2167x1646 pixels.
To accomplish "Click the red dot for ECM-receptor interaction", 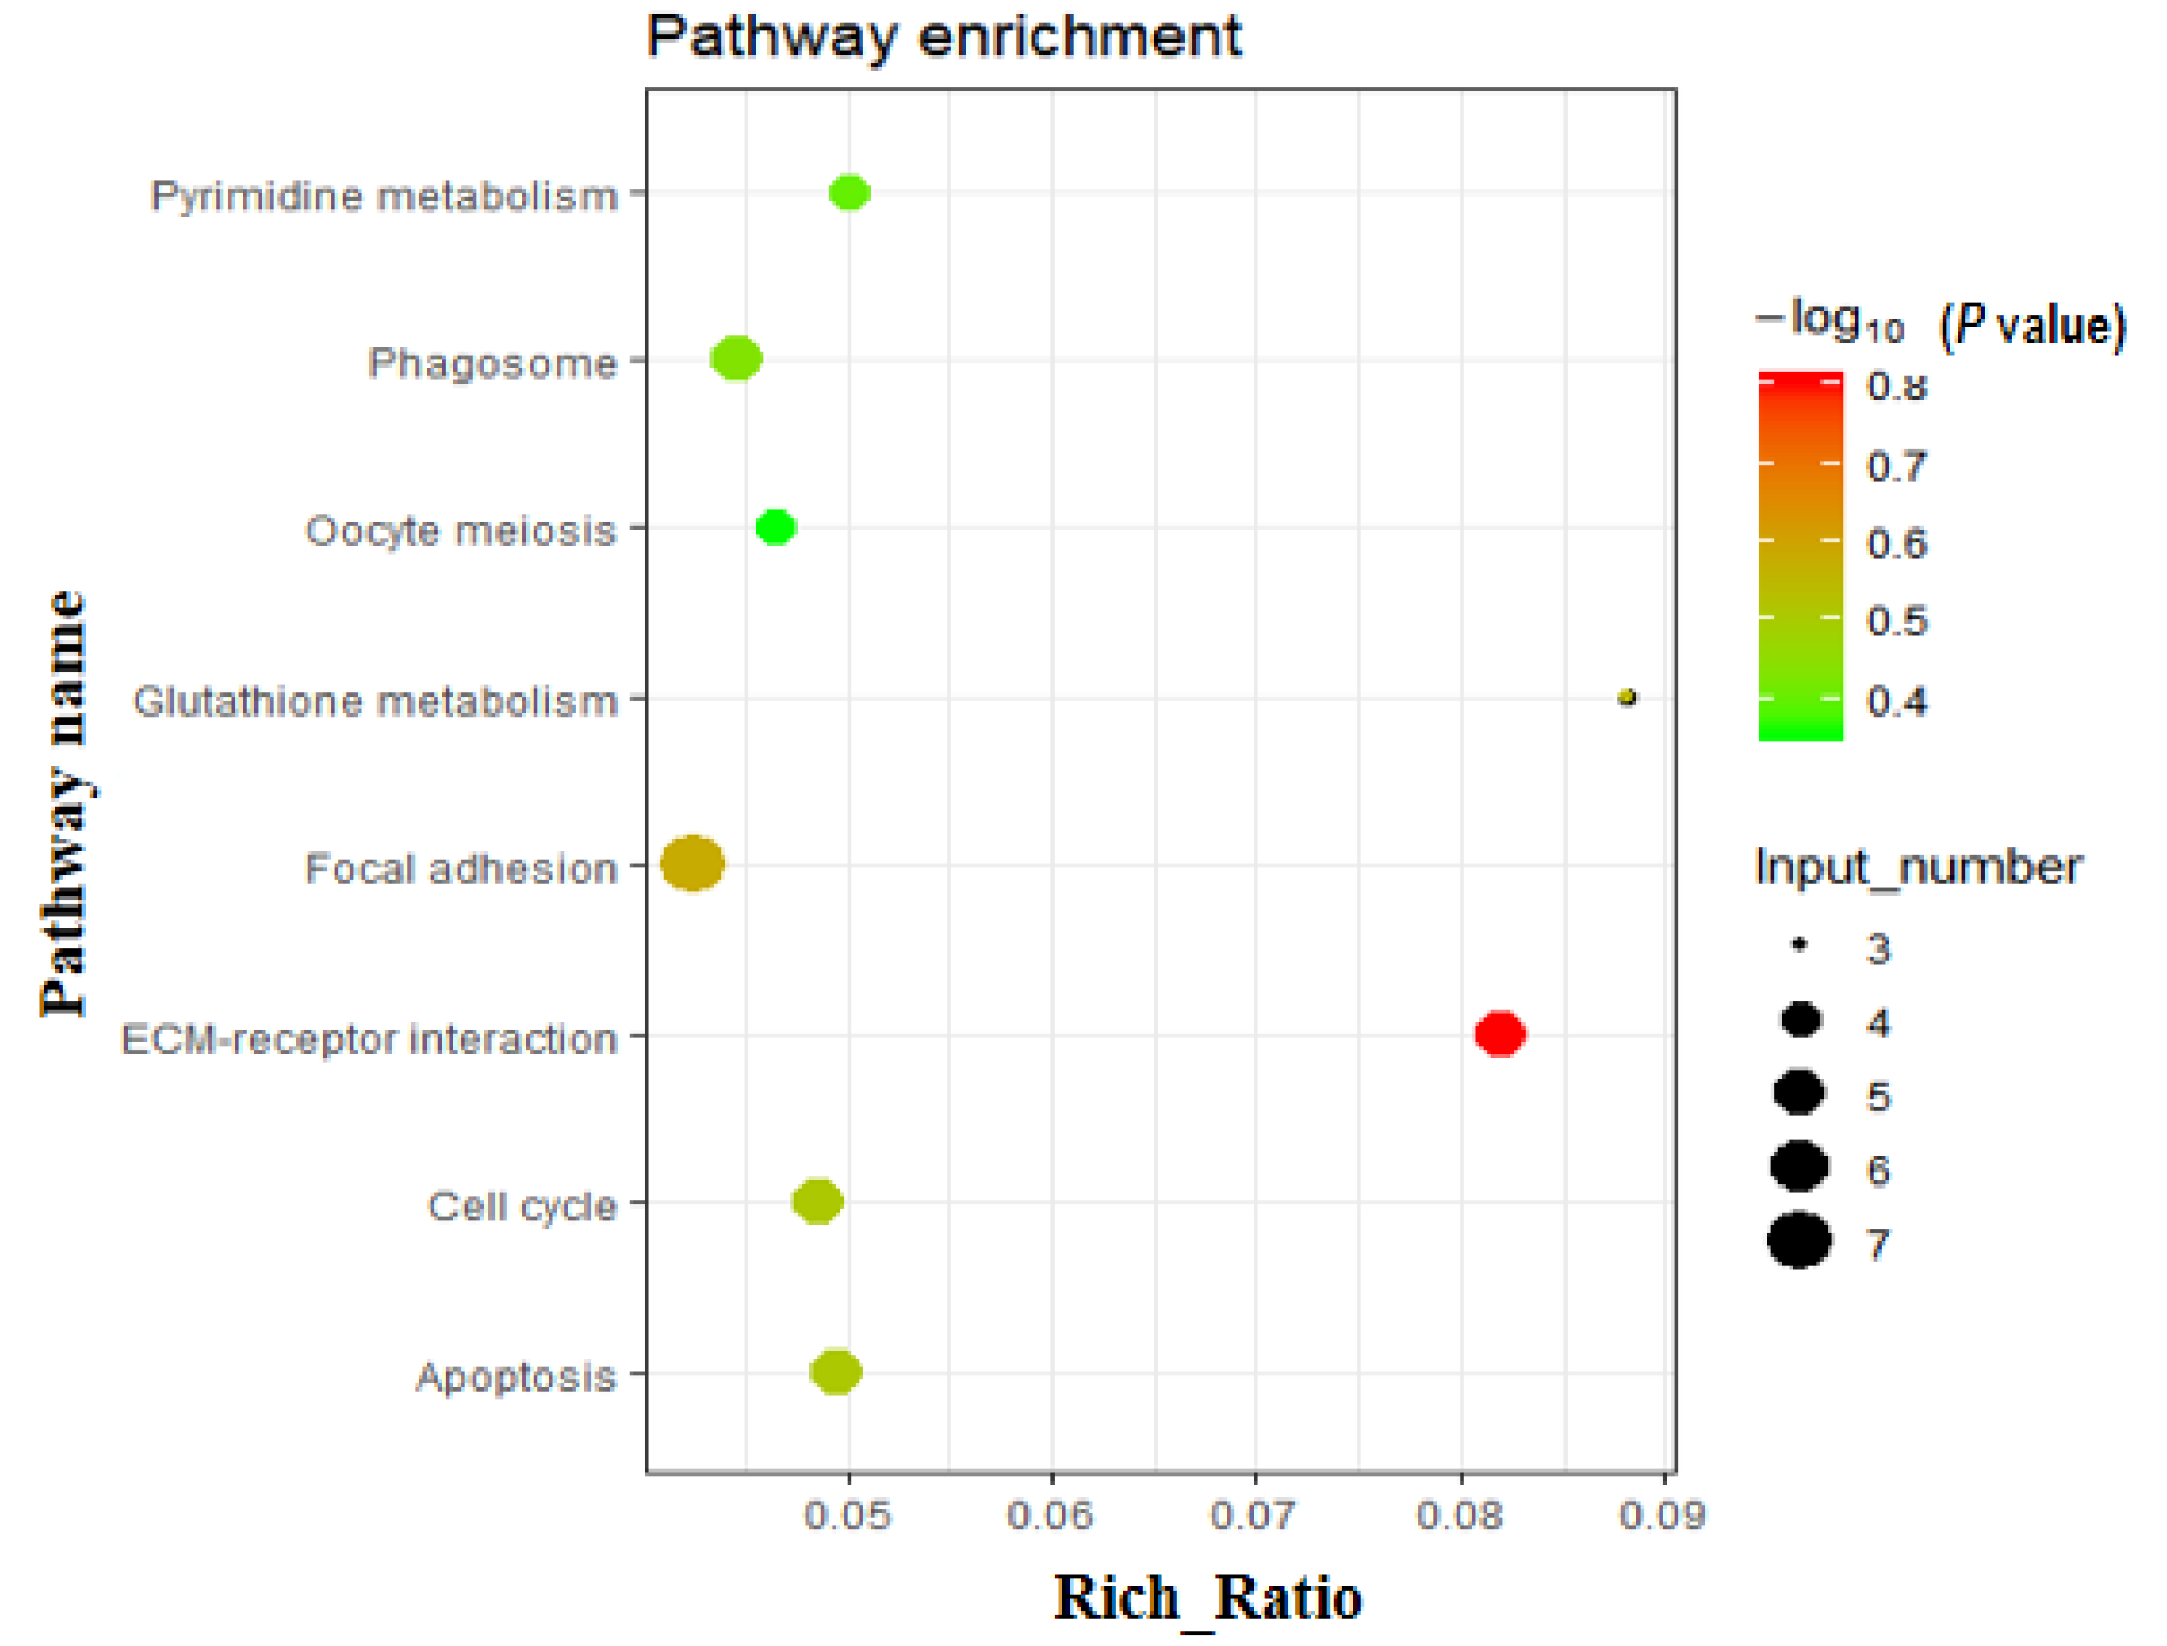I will click(1500, 1033).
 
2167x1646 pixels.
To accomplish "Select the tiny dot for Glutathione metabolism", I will click(1627, 698).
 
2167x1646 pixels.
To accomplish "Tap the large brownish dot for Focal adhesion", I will click(693, 863).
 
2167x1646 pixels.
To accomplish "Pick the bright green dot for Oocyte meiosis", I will click(775, 527).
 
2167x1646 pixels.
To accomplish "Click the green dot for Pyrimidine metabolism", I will click(849, 192).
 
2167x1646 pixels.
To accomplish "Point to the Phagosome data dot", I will click(736, 358).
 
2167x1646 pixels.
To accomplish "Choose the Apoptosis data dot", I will click(836, 1372).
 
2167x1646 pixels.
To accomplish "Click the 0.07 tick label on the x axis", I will click(1254, 1515).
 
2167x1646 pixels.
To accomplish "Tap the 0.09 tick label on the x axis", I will click(1662, 1515).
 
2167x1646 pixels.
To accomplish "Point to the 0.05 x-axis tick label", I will click(848, 1515).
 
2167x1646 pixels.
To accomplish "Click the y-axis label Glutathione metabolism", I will click(375, 702).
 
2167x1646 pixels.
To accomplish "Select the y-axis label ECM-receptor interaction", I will click(369, 1038).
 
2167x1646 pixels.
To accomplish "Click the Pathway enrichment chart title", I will click(944, 37).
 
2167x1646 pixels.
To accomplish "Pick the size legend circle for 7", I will click(1799, 1241).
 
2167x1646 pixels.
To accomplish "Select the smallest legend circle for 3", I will click(1799, 945).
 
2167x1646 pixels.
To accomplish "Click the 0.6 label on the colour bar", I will click(1897, 543).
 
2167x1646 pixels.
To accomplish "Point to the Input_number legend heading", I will click(1917, 867).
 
